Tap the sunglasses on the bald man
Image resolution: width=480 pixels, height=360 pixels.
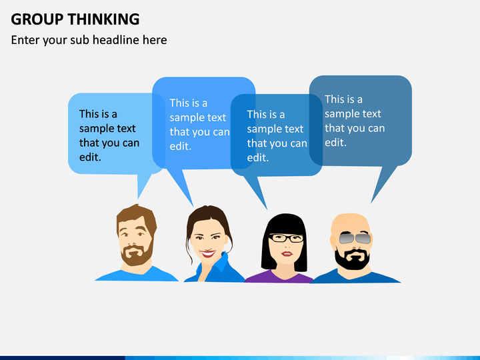pos(354,238)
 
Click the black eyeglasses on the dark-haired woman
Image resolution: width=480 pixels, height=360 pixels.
pos(287,237)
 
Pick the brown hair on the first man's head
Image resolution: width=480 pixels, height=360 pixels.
pos(136,215)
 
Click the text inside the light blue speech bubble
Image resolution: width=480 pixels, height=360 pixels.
pos(109,135)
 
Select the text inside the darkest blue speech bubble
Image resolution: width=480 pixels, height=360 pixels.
pos(354,121)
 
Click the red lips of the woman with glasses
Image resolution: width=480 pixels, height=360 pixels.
pos(287,253)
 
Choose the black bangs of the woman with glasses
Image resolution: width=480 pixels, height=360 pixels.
pos(287,223)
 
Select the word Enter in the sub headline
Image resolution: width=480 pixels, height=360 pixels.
pos(25,40)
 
